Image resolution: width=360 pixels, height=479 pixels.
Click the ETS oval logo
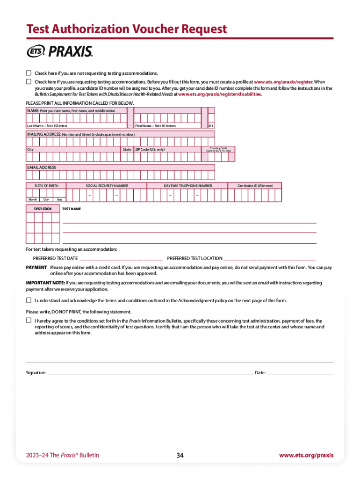(x=35, y=52)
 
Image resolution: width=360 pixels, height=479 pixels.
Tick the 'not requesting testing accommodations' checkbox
(x=29, y=73)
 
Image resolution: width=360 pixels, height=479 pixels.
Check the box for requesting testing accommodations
(x=29, y=81)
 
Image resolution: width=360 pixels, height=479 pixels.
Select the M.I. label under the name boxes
(x=211, y=126)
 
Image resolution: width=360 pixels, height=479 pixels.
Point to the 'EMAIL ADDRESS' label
(x=42, y=167)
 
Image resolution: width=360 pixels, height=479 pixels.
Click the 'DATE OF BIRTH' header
(x=47, y=186)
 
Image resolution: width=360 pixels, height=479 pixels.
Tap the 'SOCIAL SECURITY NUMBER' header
(x=107, y=186)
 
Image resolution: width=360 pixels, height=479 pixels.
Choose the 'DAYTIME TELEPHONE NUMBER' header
(x=187, y=186)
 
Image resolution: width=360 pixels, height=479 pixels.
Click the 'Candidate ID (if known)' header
(x=255, y=186)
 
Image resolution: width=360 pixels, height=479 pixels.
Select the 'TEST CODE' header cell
(x=43, y=209)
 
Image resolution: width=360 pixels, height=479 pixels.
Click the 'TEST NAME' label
(x=72, y=209)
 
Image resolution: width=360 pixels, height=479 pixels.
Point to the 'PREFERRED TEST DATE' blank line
(x=121, y=259)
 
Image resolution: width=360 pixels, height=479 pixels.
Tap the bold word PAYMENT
(x=36, y=267)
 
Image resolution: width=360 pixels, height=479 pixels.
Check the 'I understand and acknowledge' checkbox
(x=29, y=300)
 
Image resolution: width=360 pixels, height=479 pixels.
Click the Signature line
(x=150, y=374)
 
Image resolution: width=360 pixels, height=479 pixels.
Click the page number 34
(x=180, y=455)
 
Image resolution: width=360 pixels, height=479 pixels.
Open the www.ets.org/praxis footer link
(x=306, y=455)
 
